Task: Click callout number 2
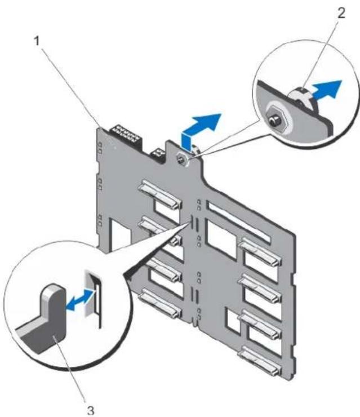(x=341, y=13)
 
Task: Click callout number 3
(x=91, y=410)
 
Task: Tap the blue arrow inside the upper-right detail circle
(x=327, y=90)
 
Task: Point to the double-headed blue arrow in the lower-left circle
(x=80, y=300)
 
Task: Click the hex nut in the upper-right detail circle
(x=278, y=118)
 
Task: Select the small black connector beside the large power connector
(x=158, y=154)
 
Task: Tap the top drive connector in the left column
(x=161, y=194)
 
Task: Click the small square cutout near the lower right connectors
(x=232, y=321)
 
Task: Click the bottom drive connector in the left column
(x=161, y=303)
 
